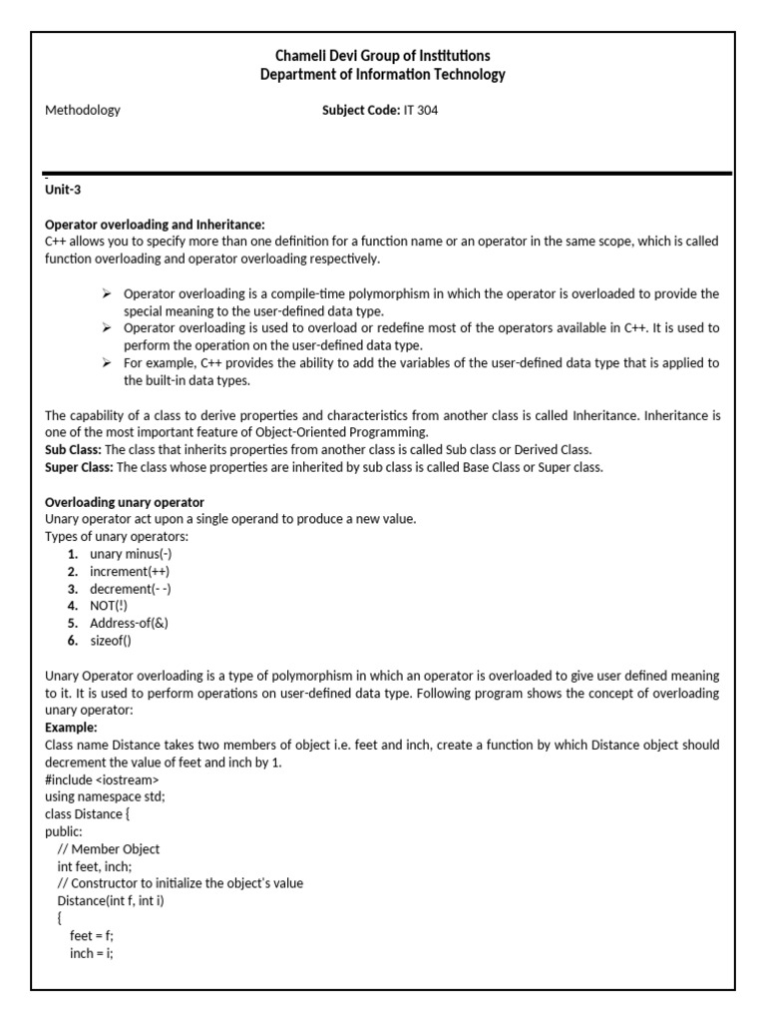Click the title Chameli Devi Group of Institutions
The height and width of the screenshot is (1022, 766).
coord(383,56)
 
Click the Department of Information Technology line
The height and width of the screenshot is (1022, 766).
coord(383,75)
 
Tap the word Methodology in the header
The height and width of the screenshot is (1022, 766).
coord(83,111)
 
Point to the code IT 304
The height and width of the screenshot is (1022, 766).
coord(420,111)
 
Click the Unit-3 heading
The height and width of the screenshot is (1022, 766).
coord(65,190)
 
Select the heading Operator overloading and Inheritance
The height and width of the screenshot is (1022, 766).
coord(155,225)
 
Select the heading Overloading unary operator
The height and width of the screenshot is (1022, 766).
coord(125,502)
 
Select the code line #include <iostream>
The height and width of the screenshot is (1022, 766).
coord(102,779)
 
